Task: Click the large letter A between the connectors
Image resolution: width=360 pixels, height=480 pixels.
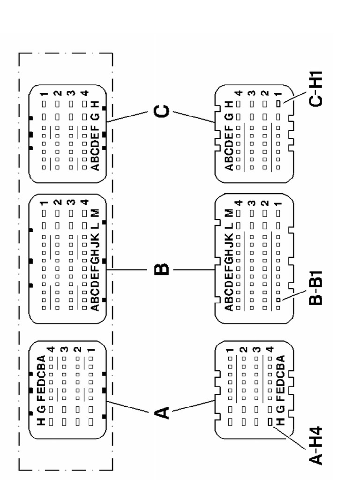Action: click(160, 412)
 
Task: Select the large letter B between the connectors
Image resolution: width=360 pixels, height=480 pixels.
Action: click(160, 270)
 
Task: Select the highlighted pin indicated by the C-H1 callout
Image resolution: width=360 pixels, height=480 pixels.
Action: click(278, 103)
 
